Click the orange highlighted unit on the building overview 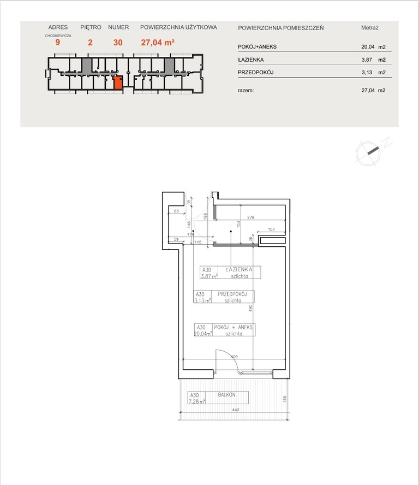[118, 82]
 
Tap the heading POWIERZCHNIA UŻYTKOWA [178, 27]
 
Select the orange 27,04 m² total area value [158, 43]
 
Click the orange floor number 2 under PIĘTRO [90, 43]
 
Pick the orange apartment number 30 [118, 43]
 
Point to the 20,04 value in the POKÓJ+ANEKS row [368, 47]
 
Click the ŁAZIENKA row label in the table [250, 60]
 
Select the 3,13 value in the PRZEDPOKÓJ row [367, 73]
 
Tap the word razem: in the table [246, 91]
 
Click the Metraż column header [370, 28]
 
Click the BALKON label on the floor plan [226, 395]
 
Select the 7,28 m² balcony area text [197, 401]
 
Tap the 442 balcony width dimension [236, 410]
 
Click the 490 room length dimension [250, 308]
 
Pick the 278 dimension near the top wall [250, 217]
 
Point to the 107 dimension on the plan [271, 229]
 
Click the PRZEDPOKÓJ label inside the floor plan [232, 294]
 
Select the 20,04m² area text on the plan [203, 333]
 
